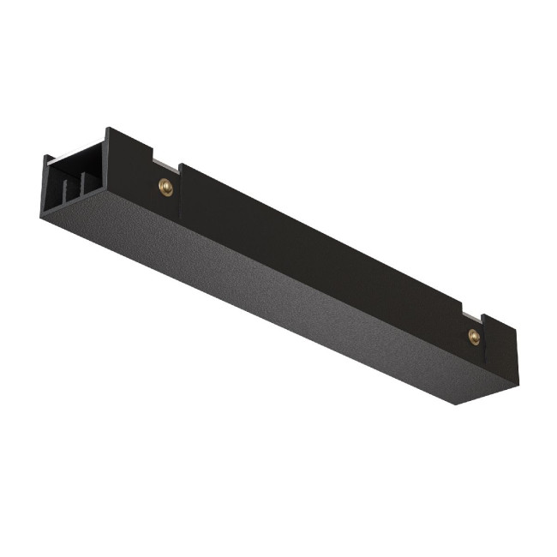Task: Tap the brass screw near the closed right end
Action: (x=474, y=336)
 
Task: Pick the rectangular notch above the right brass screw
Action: (x=471, y=312)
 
